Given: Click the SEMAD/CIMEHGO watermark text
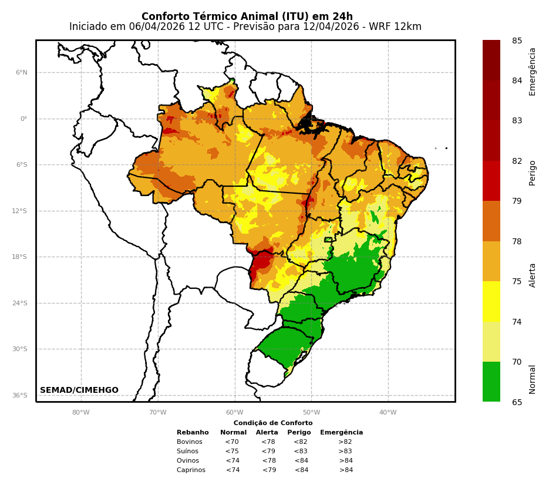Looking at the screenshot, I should tap(79, 390).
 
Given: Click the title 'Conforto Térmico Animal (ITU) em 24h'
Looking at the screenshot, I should tap(247, 16).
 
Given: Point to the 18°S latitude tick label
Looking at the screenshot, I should tap(20, 257).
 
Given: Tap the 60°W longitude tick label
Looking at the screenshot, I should tap(234, 412).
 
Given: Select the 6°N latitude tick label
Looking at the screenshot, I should tap(21, 73).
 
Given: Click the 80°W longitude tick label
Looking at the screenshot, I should tap(80, 412).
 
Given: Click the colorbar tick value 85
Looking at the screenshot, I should tap(517, 41).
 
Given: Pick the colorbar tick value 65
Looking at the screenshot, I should tap(517, 402).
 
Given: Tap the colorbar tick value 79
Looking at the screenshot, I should tap(517, 201).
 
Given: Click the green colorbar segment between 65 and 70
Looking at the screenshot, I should tap(491, 382).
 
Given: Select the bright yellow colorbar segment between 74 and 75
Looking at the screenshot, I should tap(491, 301).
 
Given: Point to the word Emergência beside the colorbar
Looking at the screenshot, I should tap(533, 72).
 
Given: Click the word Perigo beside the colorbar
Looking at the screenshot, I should tap(533, 173).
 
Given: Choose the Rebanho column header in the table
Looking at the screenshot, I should tap(193, 433).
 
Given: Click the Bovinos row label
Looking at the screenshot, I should tap(190, 442).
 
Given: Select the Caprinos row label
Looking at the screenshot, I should tap(191, 470).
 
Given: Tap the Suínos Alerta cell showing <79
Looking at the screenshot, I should tap(268, 452).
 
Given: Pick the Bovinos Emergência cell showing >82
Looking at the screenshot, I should tap(345, 442).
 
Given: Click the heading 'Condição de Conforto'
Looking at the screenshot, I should tap(273, 423).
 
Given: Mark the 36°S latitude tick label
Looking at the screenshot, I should tap(20, 396).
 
